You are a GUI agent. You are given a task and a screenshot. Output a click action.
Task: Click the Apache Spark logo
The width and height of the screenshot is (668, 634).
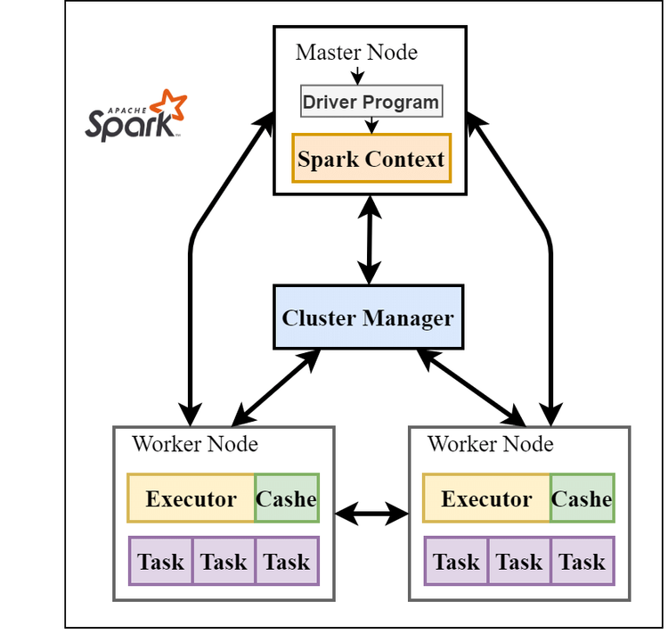click(x=136, y=116)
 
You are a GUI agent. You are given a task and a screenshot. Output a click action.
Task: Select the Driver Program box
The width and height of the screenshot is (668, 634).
click(x=371, y=102)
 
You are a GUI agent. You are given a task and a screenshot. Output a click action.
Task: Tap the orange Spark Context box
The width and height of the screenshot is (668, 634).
click(x=371, y=159)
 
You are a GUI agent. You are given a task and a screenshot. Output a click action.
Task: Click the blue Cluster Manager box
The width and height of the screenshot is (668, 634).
click(x=368, y=317)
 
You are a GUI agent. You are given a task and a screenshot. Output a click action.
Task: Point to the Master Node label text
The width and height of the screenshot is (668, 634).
click(x=356, y=53)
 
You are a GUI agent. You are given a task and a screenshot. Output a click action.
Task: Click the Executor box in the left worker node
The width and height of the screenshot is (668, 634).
click(x=191, y=498)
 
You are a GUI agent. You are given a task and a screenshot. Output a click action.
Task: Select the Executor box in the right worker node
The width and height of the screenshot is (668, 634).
click(x=486, y=498)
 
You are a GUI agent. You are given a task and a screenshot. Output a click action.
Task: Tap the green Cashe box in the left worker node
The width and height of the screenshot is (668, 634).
click(x=287, y=498)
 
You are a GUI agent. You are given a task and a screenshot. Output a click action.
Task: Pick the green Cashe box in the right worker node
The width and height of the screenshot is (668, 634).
click(x=582, y=498)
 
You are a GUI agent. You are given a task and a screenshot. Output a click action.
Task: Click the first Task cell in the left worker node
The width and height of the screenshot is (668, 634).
click(x=161, y=561)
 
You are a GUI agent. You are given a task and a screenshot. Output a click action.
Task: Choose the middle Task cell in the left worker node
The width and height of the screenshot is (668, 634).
click(x=224, y=561)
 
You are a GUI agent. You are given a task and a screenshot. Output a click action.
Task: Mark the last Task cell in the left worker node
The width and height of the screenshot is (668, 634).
click(x=287, y=561)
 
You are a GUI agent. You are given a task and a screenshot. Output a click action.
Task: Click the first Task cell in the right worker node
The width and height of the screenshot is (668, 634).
click(x=457, y=561)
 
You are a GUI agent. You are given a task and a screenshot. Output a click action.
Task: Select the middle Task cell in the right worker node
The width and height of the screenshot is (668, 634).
click(x=519, y=561)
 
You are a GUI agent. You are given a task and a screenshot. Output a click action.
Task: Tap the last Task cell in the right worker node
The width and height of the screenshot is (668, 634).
click(x=582, y=561)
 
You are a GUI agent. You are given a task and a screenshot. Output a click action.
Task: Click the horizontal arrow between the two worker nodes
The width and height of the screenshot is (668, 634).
click(x=371, y=513)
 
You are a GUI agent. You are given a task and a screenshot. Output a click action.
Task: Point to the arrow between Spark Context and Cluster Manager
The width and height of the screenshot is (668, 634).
click(x=369, y=240)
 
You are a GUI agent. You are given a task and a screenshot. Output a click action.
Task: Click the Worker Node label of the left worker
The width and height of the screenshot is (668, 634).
click(x=195, y=443)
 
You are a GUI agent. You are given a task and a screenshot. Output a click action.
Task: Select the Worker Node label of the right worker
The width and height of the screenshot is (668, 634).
click(x=491, y=443)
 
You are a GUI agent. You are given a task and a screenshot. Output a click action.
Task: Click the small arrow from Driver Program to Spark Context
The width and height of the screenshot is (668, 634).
click(x=371, y=126)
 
